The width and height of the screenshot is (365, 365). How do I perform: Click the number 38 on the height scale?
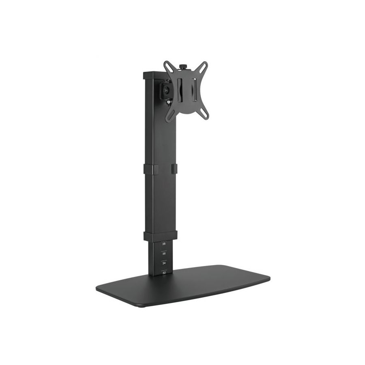click(x=164, y=244)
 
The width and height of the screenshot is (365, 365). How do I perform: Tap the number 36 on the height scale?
click(x=164, y=253)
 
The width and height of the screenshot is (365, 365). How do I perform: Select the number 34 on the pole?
click(x=164, y=263)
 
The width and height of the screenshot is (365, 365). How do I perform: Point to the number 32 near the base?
click(x=164, y=273)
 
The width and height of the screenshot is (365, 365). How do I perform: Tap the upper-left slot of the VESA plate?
click(x=168, y=66)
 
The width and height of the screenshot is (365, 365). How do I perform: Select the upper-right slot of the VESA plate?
click(x=203, y=66)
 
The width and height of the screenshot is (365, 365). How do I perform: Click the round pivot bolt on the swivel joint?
click(x=166, y=89)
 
